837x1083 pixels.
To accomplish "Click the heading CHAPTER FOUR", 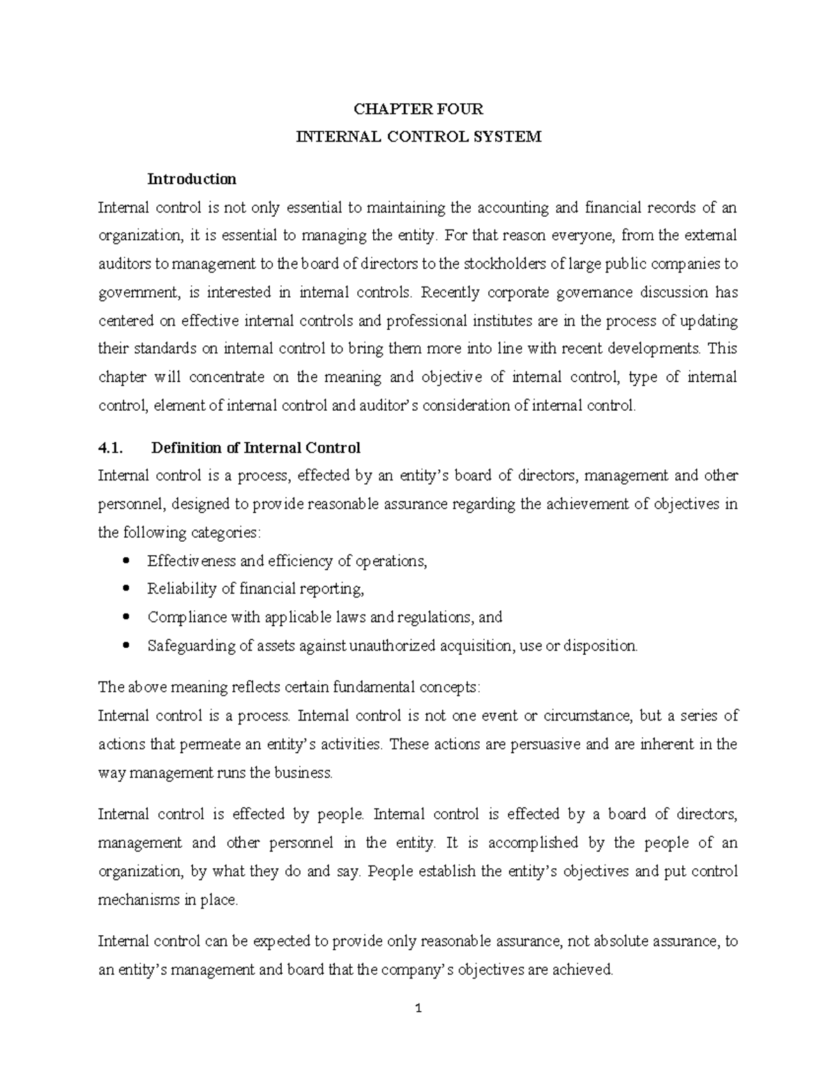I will (x=418, y=109).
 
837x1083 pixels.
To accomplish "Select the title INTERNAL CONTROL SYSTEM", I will (x=418, y=137).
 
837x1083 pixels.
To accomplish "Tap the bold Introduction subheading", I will (x=191, y=179).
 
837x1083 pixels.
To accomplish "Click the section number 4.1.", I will (x=112, y=448).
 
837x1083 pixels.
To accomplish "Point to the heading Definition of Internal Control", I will (x=256, y=448).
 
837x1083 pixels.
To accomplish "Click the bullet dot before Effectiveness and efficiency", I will (x=126, y=561).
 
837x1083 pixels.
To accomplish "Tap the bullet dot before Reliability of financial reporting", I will (x=126, y=589).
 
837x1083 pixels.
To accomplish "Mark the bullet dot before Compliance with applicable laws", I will (x=126, y=617).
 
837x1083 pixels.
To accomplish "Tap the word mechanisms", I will (x=139, y=900).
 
